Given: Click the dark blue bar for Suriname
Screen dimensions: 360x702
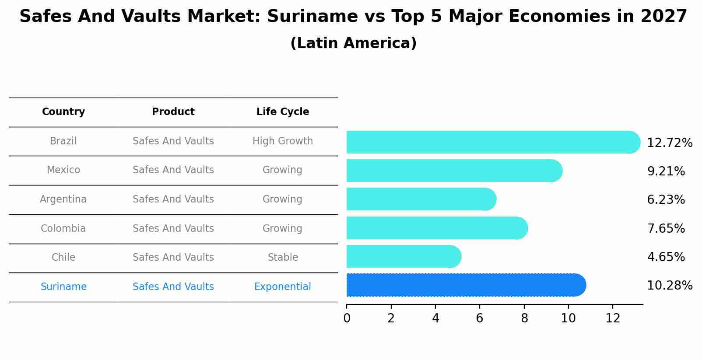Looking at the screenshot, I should tap(464, 285).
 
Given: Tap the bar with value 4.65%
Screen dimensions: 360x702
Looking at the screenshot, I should tap(403, 256).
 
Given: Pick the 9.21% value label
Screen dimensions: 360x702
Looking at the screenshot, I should tap(666, 171).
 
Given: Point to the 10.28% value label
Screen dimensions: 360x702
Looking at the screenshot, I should tap(669, 286).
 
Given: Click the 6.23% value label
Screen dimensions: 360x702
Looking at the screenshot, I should tap(666, 200).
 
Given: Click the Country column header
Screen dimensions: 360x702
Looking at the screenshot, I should tap(63, 112).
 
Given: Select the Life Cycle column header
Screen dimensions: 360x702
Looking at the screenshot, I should tap(283, 112).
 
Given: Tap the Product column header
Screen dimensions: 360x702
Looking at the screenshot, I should tap(173, 112).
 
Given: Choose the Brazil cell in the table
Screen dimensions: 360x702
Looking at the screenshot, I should tap(63, 141).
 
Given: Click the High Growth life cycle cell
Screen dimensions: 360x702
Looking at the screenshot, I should tap(283, 141).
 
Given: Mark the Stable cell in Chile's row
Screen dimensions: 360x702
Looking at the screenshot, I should tap(283, 258).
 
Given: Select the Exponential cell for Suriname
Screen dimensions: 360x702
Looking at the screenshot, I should tap(283, 287).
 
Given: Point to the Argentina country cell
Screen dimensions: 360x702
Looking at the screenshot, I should tap(63, 199).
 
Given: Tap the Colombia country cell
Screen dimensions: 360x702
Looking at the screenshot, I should tap(63, 229).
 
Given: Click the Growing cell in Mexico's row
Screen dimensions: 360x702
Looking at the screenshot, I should tap(282, 170).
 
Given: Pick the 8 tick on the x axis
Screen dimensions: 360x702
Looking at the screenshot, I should tap(524, 318).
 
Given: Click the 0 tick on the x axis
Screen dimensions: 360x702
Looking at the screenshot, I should tap(347, 318).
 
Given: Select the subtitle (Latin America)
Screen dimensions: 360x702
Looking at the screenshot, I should tap(353, 43).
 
